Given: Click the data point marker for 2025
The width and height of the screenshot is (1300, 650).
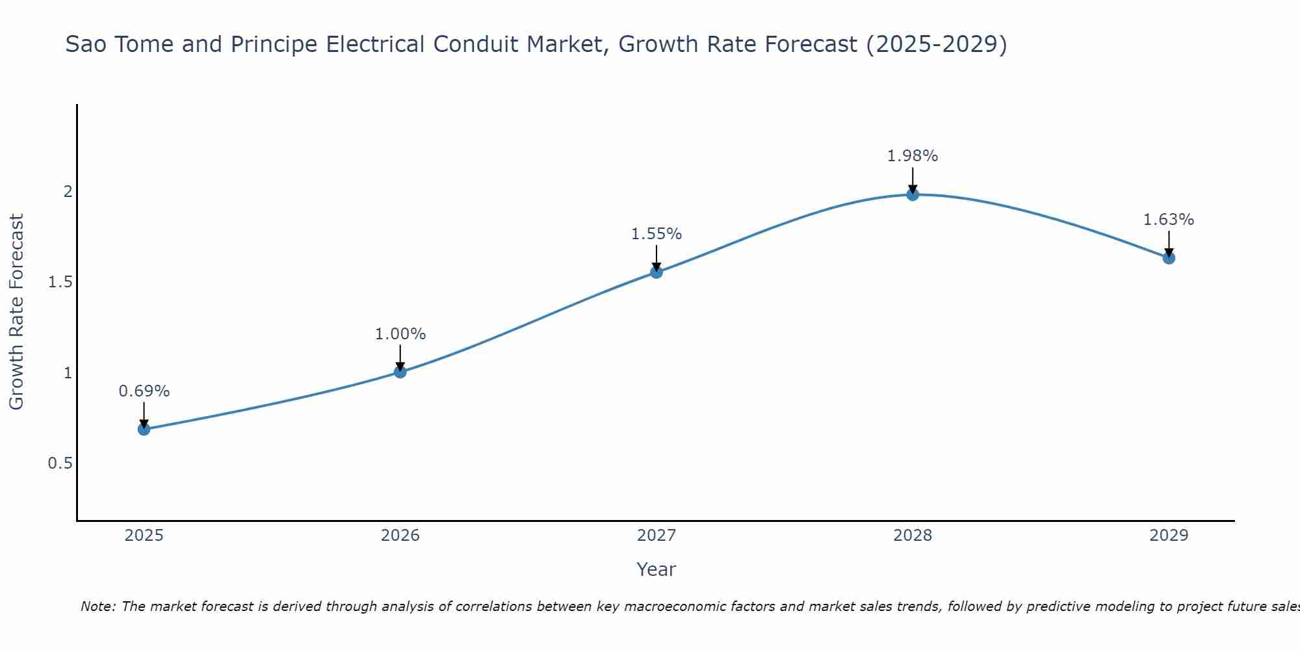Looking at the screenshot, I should tap(144, 429).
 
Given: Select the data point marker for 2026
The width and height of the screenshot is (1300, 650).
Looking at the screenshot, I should tap(400, 372).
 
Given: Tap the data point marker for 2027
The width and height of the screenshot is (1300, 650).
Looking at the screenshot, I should tap(656, 272).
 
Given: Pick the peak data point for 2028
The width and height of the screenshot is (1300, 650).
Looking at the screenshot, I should tap(913, 194).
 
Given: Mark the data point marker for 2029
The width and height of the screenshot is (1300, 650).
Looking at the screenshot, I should tap(1169, 258).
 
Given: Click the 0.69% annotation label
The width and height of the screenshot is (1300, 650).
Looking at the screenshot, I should tap(144, 391).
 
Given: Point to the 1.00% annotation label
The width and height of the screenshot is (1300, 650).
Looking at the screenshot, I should tap(400, 334).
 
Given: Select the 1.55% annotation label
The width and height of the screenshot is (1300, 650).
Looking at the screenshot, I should tap(656, 234).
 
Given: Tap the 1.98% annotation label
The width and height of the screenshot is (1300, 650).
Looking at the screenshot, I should tap(913, 156).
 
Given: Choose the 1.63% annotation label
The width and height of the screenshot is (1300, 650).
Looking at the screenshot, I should tap(1169, 220).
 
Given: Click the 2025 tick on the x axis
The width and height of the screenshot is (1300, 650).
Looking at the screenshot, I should tap(144, 536).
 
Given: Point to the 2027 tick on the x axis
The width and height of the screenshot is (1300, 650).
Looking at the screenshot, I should tap(656, 536).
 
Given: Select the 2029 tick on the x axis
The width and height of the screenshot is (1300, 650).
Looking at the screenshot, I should tap(1169, 536).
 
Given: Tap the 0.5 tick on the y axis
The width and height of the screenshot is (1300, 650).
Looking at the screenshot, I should tap(60, 463).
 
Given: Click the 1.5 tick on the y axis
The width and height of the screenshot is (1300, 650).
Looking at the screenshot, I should tap(60, 282).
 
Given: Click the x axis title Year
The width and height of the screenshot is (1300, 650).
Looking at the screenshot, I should tap(656, 569).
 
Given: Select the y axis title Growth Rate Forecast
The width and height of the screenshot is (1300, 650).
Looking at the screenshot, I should tap(17, 312).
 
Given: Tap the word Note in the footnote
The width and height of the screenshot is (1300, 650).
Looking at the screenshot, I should tap(97, 606).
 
